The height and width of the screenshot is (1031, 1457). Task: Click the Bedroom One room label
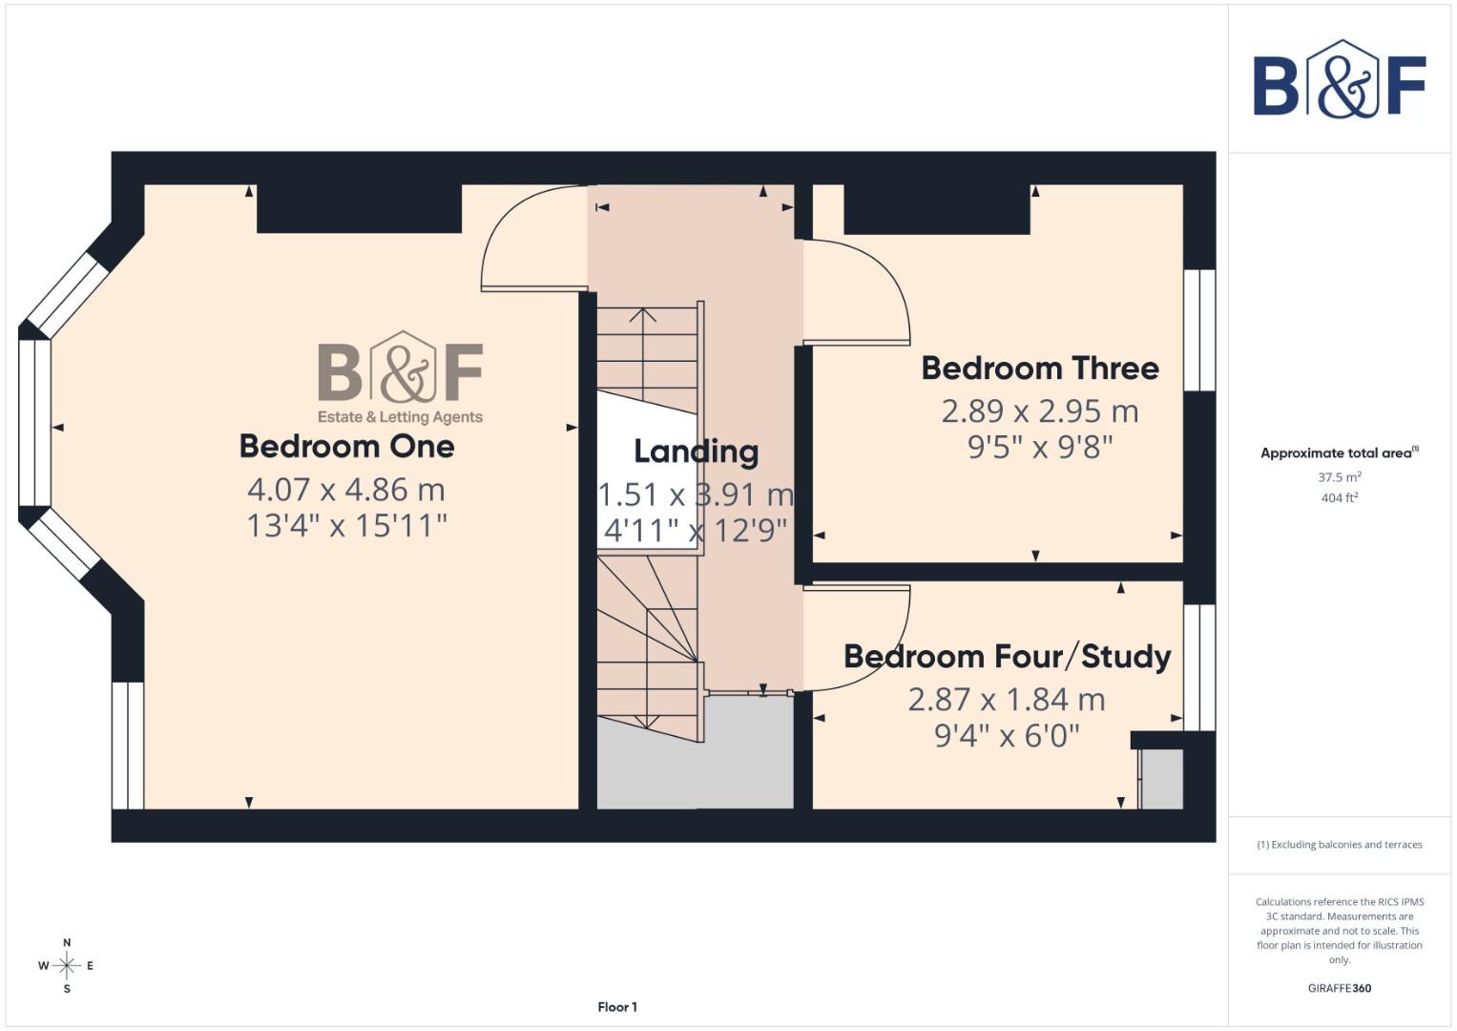click(346, 446)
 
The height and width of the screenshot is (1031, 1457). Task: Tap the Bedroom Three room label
click(1039, 368)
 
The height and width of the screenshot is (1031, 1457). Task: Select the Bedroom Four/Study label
click(1007, 657)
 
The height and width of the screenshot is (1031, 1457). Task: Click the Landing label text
click(696, 452)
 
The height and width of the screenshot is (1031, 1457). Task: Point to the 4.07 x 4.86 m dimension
click(346, 490)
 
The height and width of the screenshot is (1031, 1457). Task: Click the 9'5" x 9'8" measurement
click(1040, 447)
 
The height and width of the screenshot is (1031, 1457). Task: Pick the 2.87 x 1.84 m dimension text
click(1007, 700)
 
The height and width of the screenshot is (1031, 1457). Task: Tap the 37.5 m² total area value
click(1339, 476)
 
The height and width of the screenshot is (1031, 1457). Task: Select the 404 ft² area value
click(1339, 497)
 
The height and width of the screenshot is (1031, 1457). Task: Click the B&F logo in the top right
click(1339, 80)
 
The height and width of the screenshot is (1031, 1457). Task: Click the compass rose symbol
click(67, 966)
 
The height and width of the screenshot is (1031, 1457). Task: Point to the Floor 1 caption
click(617, 1007)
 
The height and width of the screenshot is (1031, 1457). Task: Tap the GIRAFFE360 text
click(1339, 988)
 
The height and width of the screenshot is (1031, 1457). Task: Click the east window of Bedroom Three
click(1199, 330)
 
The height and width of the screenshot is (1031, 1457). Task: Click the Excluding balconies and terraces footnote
click(1339, 845)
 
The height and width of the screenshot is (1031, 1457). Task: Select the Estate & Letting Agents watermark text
click(400, 417)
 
